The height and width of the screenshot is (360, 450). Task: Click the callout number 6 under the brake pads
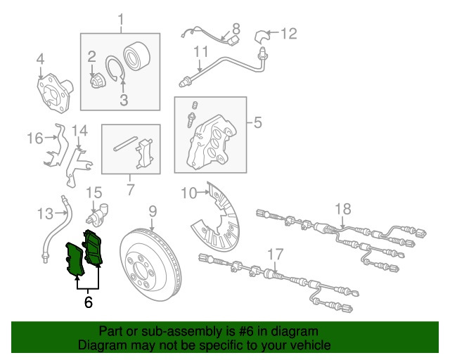pyautogui.click(x=88, y=302)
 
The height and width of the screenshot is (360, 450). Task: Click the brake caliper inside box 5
pyautogui.click(x=212, y=141)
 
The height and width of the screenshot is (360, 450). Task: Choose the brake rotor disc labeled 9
pyautogui.click(x=150, y=264)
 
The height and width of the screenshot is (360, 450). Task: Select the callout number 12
pyautogui.click(x=288, y=34)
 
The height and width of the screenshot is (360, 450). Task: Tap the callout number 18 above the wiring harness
pyautogui.click(x=343, y=209)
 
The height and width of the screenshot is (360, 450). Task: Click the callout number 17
pyautogui.click(x=276, y=255)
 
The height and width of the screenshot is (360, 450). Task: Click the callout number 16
pyautogui.click(x=35, y=138)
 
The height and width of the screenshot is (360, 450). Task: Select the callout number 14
pyautogui.click(x=79, y=131)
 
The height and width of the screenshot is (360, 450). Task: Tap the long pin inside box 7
pyautogui.click(x=125, y=143)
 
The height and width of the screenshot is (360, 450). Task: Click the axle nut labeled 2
pyautogui.click(x=97, y=80)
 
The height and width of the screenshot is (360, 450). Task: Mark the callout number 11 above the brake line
pyautogui.click(x=201, y=51)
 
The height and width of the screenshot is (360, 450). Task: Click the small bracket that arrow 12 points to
pyautogui.click(x=261, y=37)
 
